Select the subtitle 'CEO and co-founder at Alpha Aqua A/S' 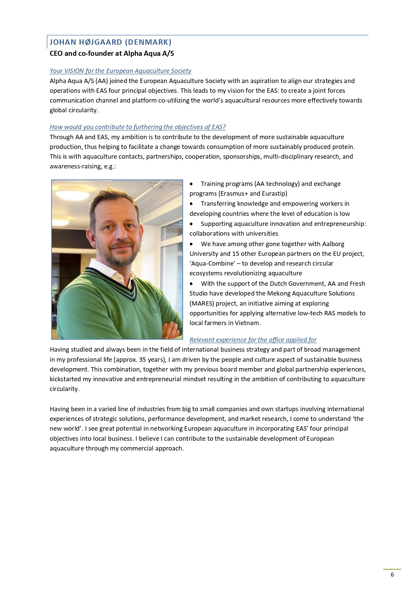112,53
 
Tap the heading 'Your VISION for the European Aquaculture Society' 120,71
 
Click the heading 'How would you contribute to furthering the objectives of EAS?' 137,127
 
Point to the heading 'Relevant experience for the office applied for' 253,340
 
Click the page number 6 392,575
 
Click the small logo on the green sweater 155,311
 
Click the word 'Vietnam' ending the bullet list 249,323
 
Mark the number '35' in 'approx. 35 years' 143,360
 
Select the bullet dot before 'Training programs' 191,184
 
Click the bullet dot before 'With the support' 191,284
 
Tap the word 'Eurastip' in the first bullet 274,194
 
